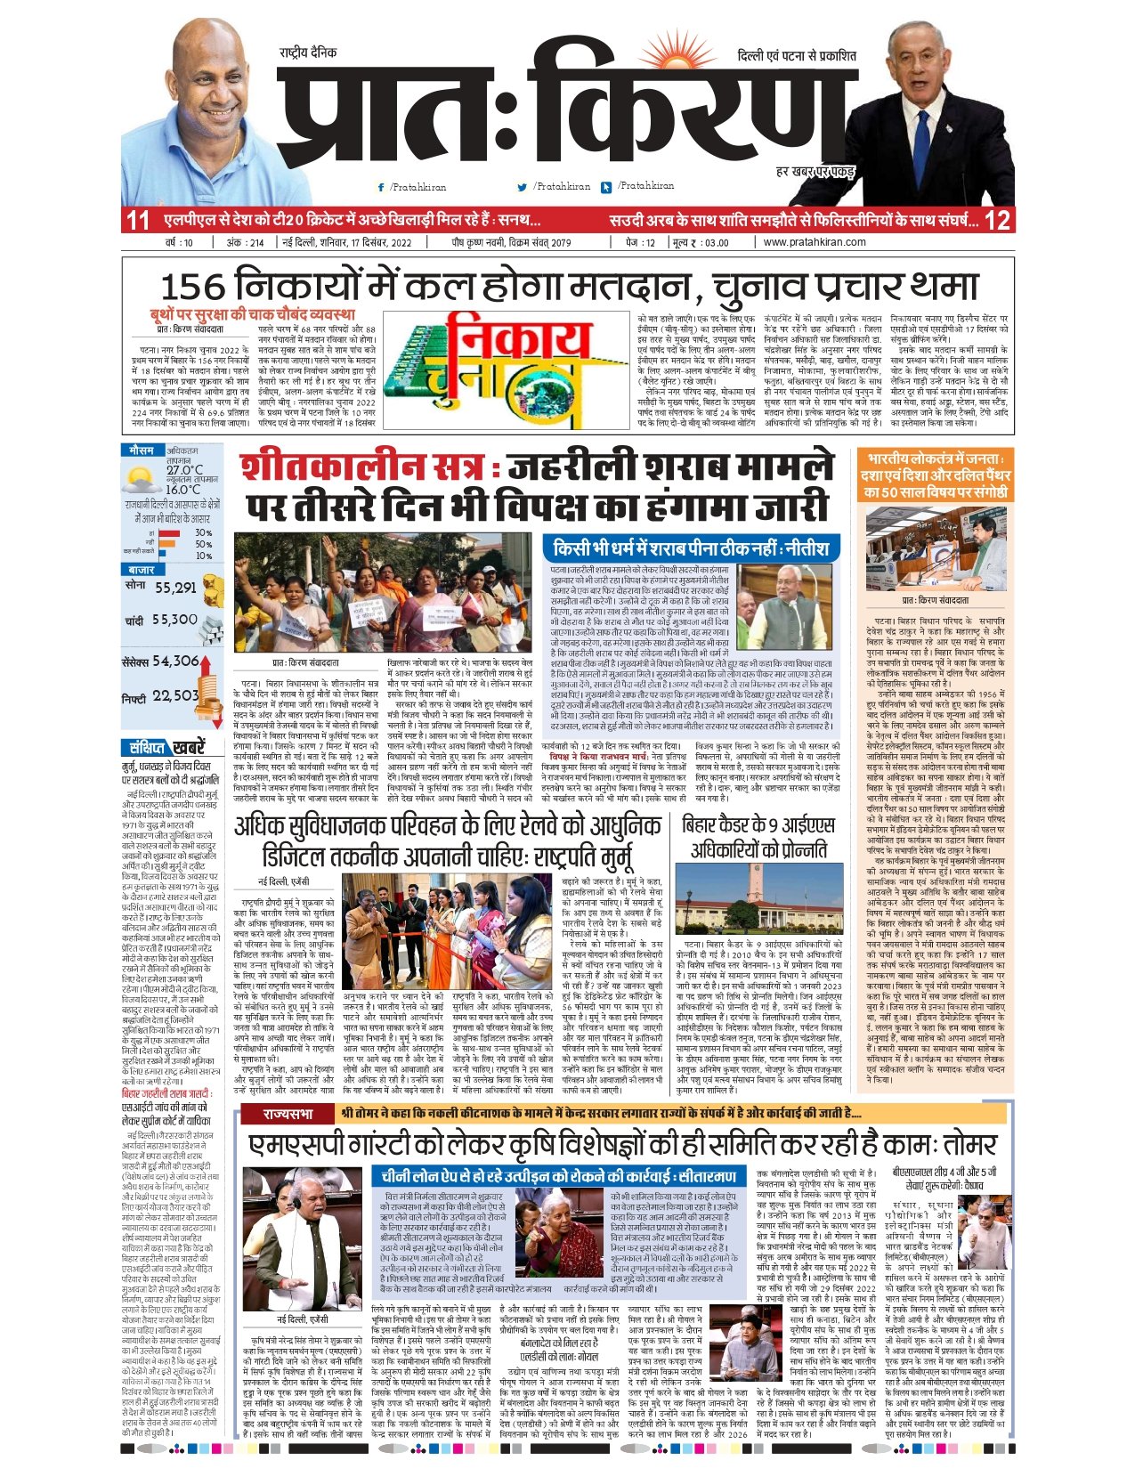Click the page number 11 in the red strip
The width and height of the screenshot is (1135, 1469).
click(138, 220)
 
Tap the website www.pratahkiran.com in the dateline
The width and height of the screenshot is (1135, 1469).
click(815, 242)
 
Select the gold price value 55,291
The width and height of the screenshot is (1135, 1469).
click(175, 588)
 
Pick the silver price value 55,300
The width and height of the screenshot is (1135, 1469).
click(175, 620)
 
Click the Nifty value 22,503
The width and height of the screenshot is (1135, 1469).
click(175, 696)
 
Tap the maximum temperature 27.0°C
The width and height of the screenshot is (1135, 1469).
click(184, 470)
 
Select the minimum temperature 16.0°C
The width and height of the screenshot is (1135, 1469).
click(182, 490)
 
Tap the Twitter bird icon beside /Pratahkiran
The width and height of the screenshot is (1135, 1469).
click(523, 188)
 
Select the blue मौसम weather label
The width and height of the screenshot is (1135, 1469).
click(142, 451)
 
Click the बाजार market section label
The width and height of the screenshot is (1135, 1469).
click(142, 569)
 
